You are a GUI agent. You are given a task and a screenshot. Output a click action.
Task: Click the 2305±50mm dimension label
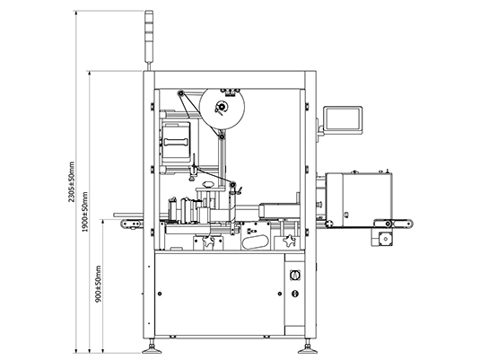71,182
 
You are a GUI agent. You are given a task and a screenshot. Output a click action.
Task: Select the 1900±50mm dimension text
85,212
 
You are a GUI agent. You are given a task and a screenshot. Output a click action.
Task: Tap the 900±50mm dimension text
98,284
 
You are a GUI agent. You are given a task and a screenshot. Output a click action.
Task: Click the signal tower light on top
148,36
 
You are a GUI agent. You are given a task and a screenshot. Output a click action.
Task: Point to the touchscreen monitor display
343,119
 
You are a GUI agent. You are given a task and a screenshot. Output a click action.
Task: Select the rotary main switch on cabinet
295,275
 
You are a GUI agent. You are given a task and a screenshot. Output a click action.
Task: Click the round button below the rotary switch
295,294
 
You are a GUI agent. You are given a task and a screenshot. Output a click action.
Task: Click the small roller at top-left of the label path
180,92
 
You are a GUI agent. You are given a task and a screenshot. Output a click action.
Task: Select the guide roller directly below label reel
221,136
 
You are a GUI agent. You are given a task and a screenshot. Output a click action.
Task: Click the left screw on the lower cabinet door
160,294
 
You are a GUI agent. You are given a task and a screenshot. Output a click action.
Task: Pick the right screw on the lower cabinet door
280,294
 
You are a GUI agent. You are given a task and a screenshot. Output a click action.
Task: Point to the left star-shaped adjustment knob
208,241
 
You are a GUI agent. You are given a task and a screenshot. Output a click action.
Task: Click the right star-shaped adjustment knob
289,241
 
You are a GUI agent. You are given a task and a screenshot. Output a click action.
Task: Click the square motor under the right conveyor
385,239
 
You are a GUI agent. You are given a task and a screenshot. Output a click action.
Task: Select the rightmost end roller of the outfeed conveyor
408,224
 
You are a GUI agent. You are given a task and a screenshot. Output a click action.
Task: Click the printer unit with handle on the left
176,142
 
